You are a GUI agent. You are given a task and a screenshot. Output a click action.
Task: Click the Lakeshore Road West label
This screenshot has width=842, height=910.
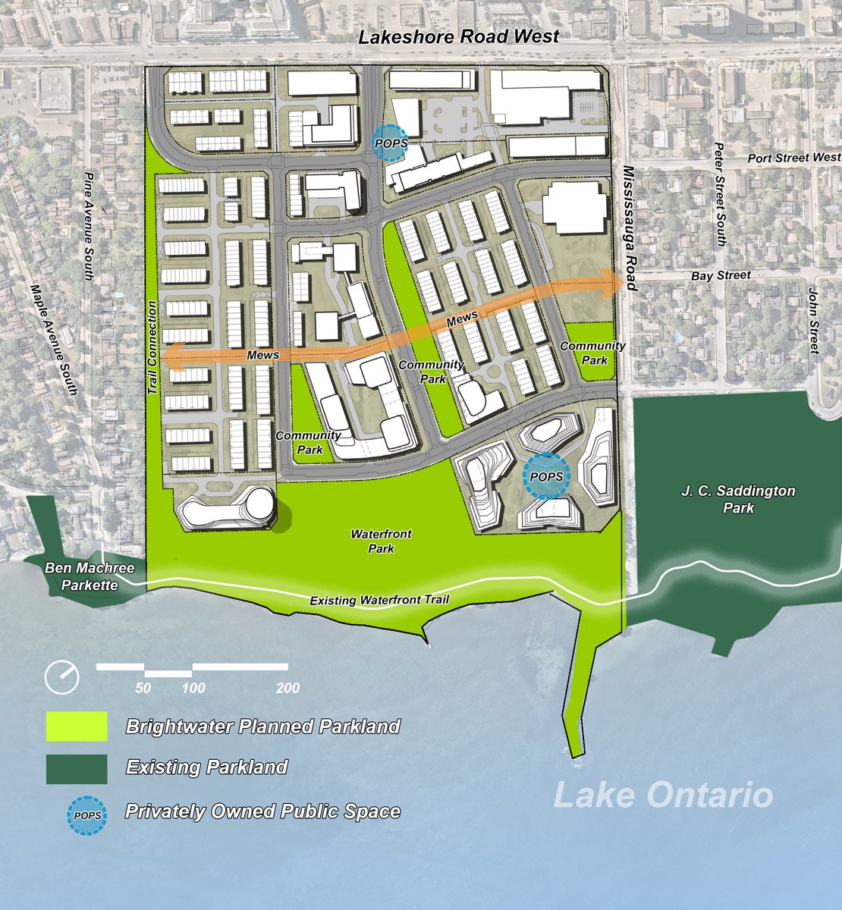click(x=459, y=36)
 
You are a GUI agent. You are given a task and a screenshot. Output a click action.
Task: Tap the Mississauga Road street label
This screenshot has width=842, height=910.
click(x=628, y=227)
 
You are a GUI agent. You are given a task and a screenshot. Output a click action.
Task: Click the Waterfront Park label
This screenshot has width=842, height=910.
click(x=382, y=541)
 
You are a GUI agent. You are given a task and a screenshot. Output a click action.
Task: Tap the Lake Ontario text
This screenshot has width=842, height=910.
click(x=663, y=795)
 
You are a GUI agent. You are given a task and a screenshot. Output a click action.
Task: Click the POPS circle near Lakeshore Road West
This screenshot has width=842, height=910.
click(x=391, y=143)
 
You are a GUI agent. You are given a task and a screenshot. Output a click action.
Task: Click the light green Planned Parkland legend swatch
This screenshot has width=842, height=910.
click(x=76, y=726)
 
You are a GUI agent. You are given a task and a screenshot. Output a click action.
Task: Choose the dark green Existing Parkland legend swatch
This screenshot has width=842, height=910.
click(x=76, y=768)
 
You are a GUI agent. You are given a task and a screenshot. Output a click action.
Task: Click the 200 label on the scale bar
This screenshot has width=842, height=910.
click(x=287, y=689)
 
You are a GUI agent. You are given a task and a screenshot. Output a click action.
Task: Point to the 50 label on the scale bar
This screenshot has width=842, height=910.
click(x=143, y=689)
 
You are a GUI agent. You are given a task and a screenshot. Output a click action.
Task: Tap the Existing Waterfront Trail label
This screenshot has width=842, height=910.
click(x=379, y=601)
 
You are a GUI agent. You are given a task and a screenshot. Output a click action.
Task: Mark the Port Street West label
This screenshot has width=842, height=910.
click(x=793, y=158)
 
